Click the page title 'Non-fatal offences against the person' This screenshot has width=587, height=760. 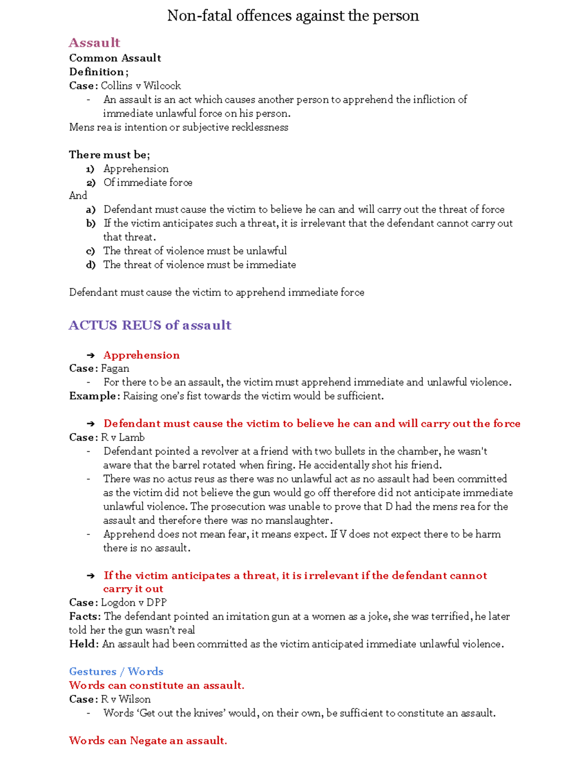tap(293, 16)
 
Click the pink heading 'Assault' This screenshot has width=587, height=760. tap(94, 43)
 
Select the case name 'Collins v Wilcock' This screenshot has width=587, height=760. tap(141, 86)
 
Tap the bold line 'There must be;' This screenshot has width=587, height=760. tap(109, 155)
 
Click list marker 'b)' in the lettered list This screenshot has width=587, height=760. tap(90, 224)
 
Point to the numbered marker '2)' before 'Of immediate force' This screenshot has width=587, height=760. tap(90, 183)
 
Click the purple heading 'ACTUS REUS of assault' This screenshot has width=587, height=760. tap(150, 325)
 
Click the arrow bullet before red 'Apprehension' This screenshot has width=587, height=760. tap(90, 355)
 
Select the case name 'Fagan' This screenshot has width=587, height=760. tap(115, 368)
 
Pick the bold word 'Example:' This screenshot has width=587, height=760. tap(94, 396)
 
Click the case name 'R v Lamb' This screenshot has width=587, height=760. tap(123, 438)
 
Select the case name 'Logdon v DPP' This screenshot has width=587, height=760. tap(134, 602)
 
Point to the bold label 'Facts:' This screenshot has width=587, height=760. tap(85, 617)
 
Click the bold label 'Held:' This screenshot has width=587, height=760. tap(84, 644)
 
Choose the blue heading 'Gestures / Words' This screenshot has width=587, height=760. tap(116, 671)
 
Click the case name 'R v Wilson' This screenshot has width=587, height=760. tap(126, 699)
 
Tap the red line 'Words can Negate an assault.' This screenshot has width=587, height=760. tap(148, 740)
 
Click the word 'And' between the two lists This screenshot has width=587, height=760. tap(78, 196)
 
